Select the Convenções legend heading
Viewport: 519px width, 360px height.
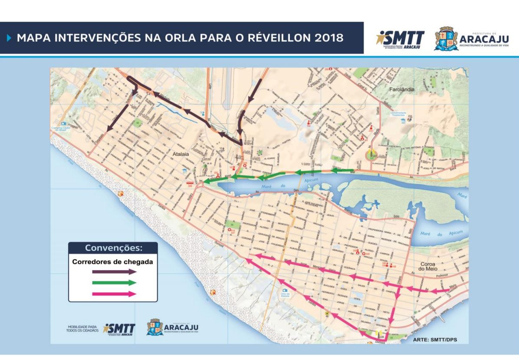coord(113,248)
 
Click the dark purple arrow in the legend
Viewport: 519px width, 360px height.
coord(114,271)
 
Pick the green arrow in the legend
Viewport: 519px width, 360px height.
coord(114,283)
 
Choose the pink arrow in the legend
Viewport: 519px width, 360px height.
coord(114,294)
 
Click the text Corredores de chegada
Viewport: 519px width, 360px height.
coord(112,262)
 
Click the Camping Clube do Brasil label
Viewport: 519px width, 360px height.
coord(63,129)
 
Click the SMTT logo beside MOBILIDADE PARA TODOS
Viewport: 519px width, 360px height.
coord(119,329)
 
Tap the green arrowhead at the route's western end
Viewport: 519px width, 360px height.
coord(208,181)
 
